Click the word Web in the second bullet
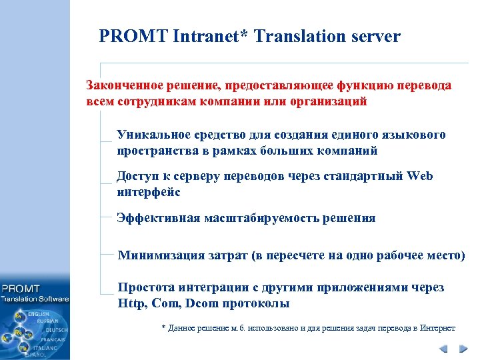[x=419, y=176]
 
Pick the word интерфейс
[x=148, y=192]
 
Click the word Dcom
[x=204, y=303]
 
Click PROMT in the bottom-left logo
[x=20, y=289]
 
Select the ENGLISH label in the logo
[x=38, y=313]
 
